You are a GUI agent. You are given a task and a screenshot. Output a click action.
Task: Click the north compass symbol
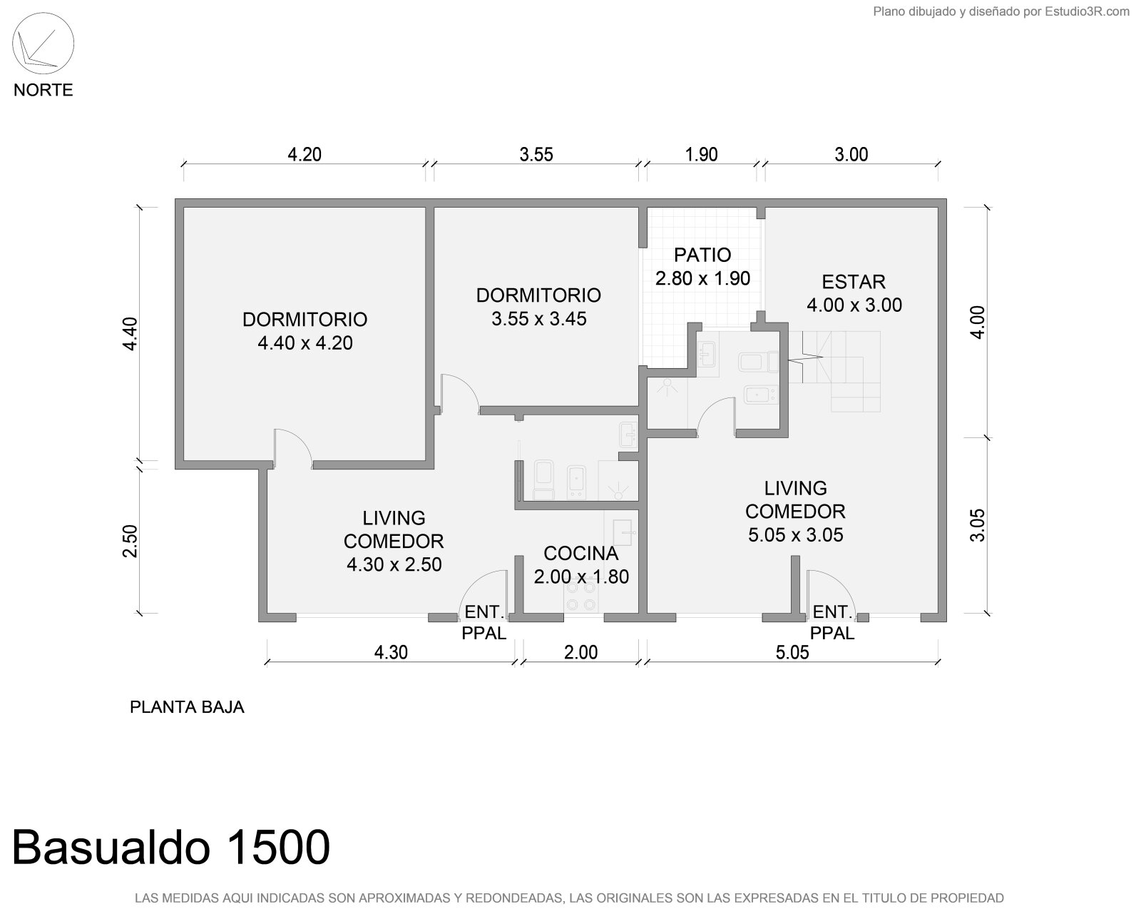(43, 44)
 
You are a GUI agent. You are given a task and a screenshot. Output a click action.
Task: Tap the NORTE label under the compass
(43, 90)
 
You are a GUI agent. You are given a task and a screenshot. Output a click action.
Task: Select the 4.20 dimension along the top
(305, 154)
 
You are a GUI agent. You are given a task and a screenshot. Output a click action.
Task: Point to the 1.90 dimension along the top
(702, 154)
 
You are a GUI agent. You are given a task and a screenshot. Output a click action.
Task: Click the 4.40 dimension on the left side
(130, 334)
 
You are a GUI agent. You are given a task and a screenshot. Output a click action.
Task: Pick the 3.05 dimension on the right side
(977, 525)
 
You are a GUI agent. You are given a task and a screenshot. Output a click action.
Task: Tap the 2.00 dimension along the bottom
(580, 652)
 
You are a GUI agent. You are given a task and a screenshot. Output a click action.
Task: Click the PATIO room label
(702, 255)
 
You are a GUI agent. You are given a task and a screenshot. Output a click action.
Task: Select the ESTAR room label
(854, 282)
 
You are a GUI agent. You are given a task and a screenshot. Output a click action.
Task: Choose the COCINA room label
(581, 554)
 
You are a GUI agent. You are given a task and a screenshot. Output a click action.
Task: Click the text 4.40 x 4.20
(305, 343)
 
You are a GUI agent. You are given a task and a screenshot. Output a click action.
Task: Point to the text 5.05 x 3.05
(795, 535)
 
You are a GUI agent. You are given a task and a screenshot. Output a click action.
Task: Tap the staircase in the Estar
(834, 372)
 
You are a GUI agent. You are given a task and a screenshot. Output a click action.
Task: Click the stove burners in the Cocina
(580, 596)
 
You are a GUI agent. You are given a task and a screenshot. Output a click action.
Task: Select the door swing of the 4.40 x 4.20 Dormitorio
(292, 449)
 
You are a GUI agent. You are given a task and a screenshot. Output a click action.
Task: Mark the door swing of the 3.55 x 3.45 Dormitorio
(460, 394)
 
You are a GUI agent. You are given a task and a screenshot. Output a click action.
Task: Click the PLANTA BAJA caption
(187, 707)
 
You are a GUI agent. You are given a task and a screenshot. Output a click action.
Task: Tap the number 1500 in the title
(279, 848)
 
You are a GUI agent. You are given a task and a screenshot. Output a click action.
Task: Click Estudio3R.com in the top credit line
(1087, 11)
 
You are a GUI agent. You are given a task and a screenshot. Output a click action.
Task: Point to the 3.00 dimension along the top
(851, 154)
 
